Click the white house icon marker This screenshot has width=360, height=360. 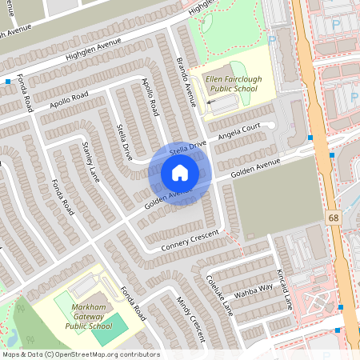[x=179, y=173]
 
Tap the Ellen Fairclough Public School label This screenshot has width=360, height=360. [x=238, y=85]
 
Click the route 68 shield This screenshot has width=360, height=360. [x=331, y=218]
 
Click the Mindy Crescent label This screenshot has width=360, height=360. [x=190, y=319]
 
